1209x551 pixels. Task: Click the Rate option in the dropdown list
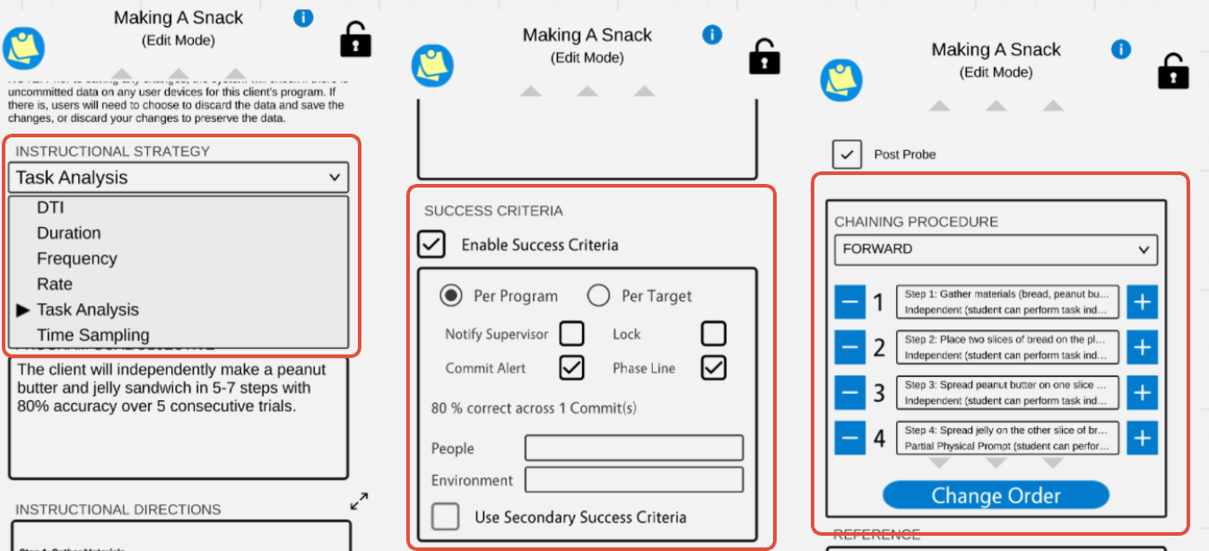(55, 284)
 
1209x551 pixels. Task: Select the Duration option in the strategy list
(69, 232)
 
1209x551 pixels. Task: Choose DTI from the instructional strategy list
(50, 207)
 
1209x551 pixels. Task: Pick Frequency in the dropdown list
(77, 258)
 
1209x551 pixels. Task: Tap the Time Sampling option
(93, 335)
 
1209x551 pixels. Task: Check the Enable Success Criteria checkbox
(432, 244)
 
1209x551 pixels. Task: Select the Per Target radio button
(598, 295)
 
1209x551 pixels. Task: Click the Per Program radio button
(451, 295)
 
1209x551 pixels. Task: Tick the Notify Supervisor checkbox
(571, 334)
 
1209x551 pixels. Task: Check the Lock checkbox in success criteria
(713, 334)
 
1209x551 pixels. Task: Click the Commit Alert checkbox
(571, 367)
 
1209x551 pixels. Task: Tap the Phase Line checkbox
(713, 367)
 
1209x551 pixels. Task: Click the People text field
(633, 448)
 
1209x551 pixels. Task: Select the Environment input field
(633, 479)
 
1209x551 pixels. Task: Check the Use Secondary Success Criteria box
(446, 517)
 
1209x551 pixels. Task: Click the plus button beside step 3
(1142, 392)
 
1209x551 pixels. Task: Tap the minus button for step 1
(849, 302)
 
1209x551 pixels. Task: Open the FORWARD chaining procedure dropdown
(996, 249)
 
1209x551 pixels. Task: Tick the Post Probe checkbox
(847, 154)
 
